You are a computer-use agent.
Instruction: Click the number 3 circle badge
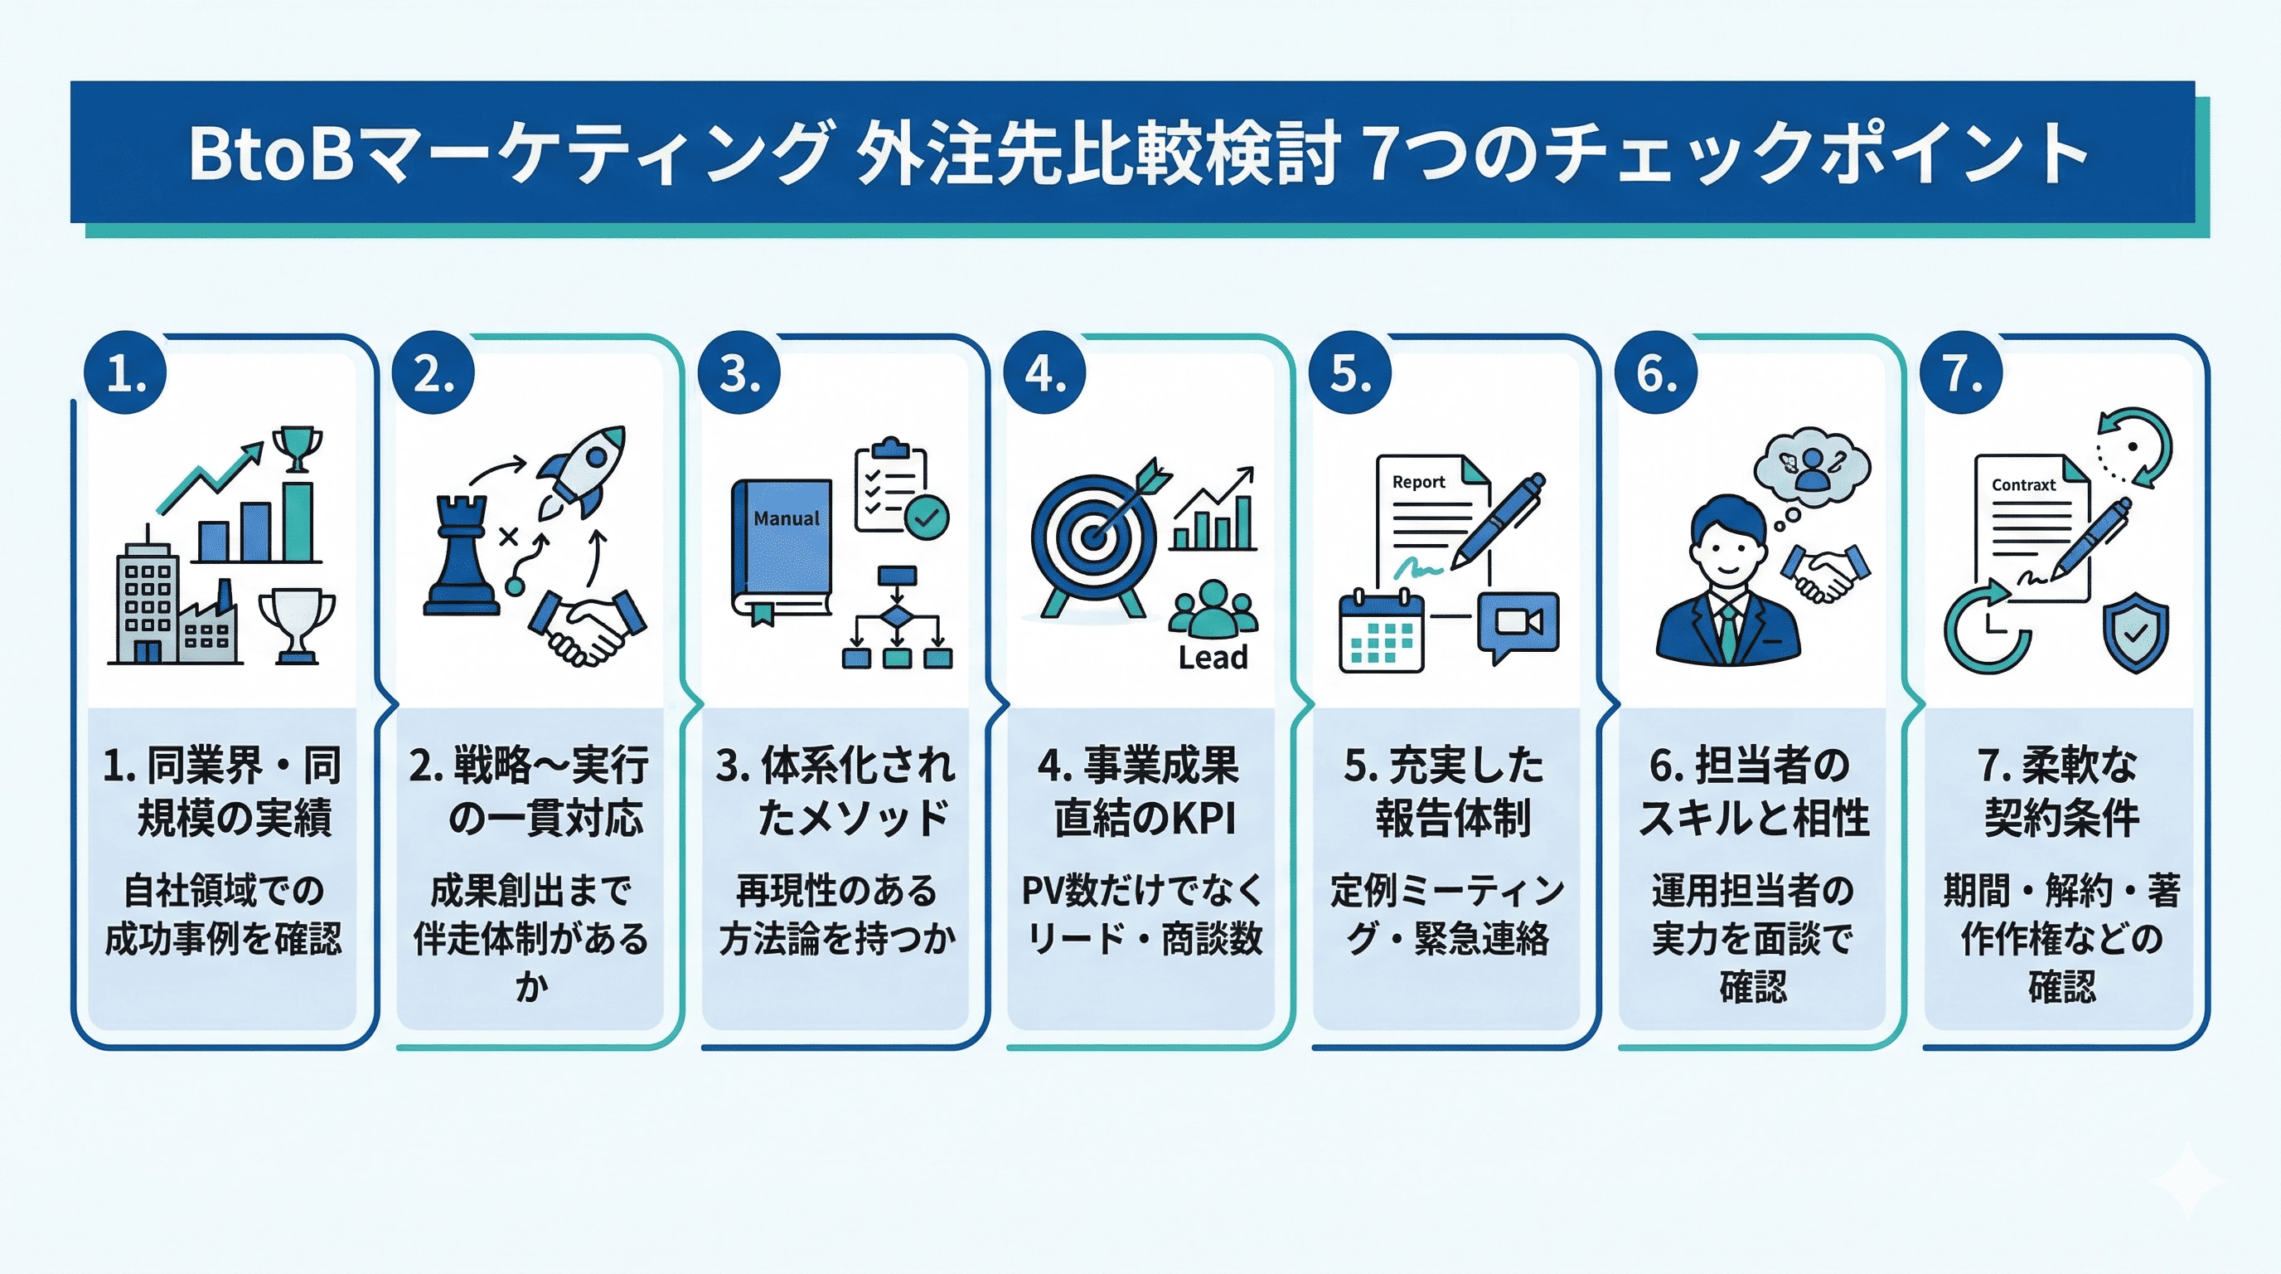click(x=739, y=373)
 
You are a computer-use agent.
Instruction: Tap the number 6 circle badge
click(x=1656, y=373)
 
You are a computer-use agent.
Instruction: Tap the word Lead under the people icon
click(x=1213, y=658)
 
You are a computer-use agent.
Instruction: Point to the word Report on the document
click(x=1417, y=482)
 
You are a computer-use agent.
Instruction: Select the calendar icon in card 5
click(x=1381, y=633)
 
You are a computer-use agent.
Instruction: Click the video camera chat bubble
click(x=1517, y=625)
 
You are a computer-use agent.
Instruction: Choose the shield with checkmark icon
click(x=2135, y=632)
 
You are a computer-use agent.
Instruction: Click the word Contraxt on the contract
click(x=2022, y=484)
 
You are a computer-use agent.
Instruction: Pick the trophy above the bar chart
click(x=297, y=448)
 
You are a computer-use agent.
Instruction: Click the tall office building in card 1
click(x=147, y=602)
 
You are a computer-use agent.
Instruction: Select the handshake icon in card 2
click(x=588, y=625)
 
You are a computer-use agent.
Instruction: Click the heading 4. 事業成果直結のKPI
click(x=1140, y=791)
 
